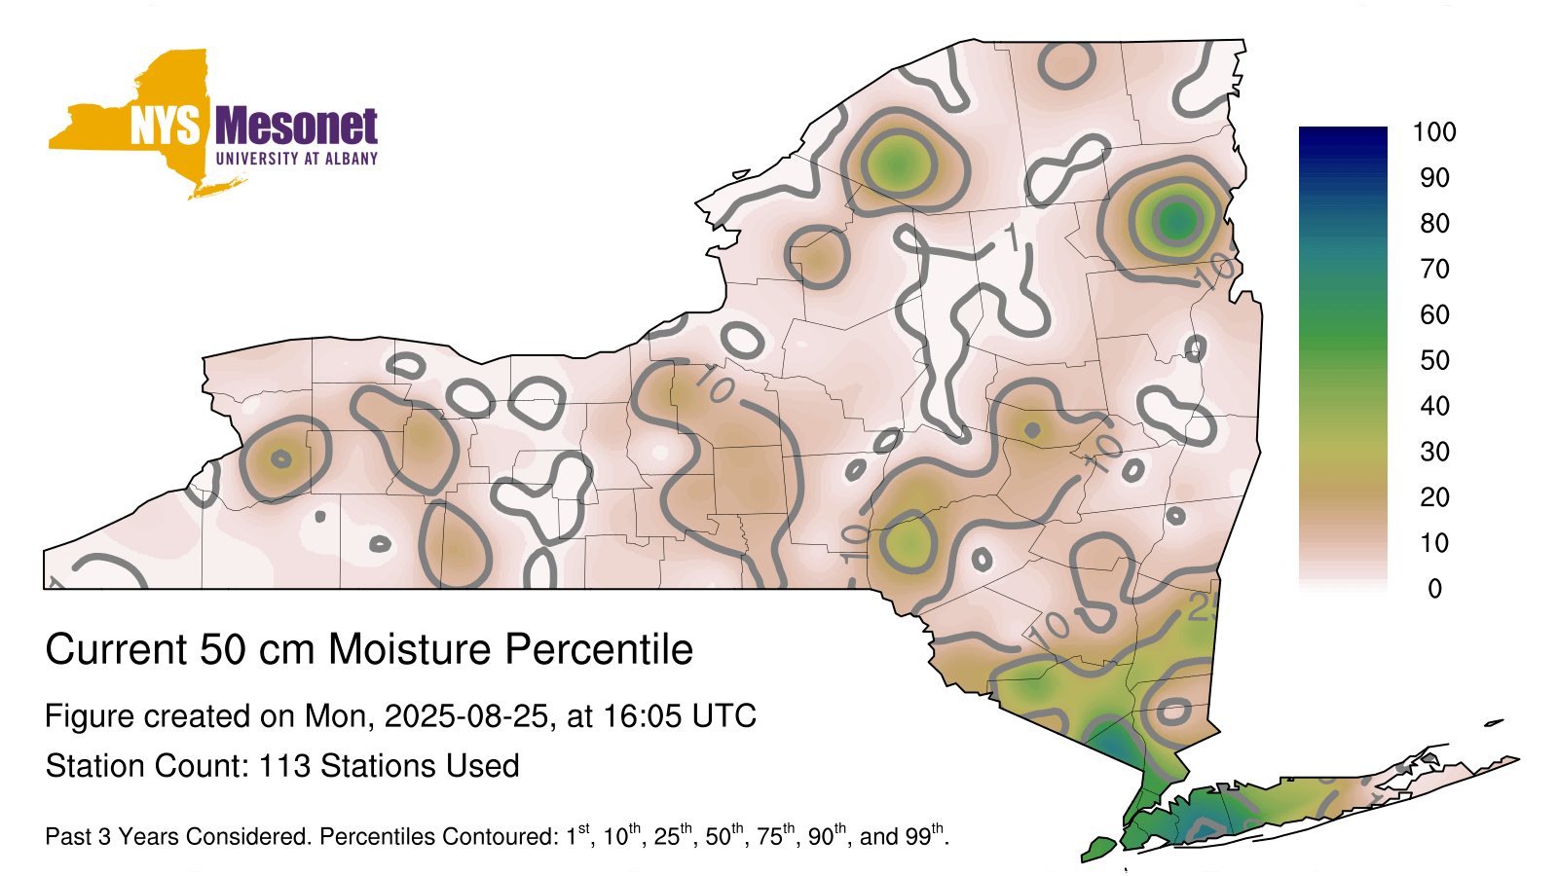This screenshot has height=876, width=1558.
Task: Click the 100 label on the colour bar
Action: point(1434,132)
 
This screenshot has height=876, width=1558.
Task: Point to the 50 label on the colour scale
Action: point(1434,360)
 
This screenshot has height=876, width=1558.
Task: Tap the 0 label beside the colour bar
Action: point(1434,589)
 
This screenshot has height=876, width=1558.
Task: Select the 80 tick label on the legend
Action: point(1434,223)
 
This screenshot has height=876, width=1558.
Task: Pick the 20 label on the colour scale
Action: point(1434,497)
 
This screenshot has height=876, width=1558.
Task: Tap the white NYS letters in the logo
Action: point(165,126)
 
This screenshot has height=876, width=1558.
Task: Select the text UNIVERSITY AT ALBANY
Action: point(297,159)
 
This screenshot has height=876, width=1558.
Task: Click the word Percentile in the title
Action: point(599,649)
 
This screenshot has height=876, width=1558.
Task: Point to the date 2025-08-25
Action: point(466,716)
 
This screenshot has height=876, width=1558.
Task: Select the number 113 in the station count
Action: point(284,766)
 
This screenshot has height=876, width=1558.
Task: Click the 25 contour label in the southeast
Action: point(1202,609)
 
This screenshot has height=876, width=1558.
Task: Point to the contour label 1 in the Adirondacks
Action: point(1012,238)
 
